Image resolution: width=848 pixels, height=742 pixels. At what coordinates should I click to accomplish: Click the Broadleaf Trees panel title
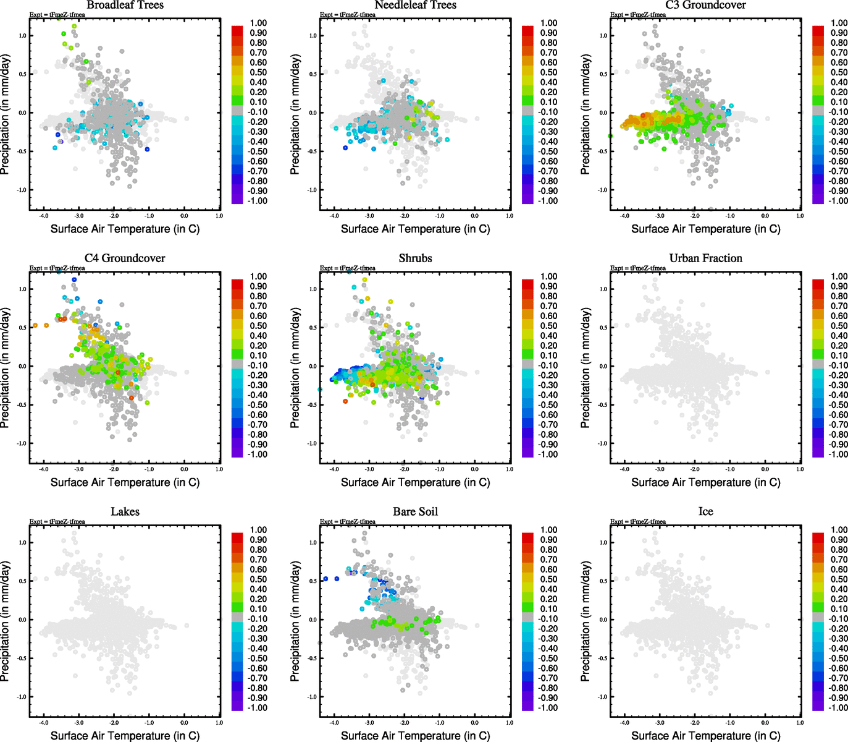point(125,5)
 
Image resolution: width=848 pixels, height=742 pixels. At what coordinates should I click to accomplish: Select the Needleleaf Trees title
point(415,5)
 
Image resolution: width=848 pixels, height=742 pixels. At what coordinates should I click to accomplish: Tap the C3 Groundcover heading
point(705,5)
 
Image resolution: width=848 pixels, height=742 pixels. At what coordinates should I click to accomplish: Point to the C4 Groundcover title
point(125,258)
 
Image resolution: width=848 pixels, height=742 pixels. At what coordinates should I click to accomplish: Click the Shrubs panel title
point(415,258)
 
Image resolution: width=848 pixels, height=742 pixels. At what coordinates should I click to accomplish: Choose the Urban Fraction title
point(705,258)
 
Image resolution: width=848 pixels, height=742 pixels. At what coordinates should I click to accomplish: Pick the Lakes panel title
point(125,512)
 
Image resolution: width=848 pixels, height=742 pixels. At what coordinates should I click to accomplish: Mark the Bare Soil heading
point(415,512)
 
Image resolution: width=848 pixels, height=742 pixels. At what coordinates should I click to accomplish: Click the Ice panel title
point(705,512)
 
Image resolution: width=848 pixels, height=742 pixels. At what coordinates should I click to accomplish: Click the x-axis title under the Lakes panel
point(125,736)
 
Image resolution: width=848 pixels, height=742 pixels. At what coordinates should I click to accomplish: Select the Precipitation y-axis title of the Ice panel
point(586,621)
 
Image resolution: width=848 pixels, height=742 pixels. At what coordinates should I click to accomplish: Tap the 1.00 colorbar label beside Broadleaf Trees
point(258,23)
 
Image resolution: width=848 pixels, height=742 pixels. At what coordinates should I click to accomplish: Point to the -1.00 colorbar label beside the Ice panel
point(838,708)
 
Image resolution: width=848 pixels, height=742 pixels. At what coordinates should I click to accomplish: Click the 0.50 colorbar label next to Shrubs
point(548,326)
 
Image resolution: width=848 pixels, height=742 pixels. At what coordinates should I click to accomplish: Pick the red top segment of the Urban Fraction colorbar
point(818,284)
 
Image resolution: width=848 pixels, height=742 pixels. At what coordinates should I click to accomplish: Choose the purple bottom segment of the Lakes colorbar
point(237,705)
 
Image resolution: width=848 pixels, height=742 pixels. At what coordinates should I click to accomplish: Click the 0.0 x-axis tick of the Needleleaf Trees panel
point(474,216)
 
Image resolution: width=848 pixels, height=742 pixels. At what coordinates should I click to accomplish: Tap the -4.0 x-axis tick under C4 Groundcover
point(44,469)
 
